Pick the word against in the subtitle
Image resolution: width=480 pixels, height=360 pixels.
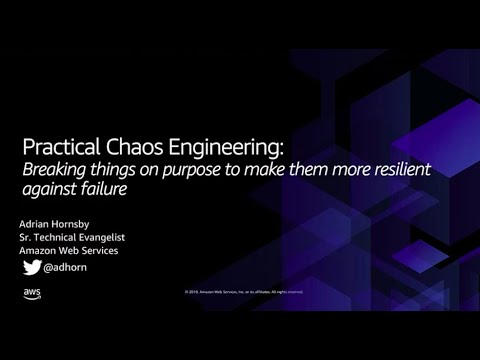pos(50,187)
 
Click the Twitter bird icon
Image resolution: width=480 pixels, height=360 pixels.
pos(33,268)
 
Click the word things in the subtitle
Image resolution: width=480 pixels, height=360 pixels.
pos(116,167)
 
